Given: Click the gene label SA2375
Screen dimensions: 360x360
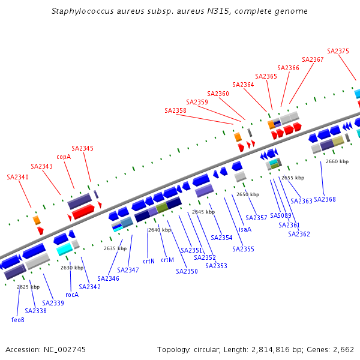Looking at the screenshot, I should click(x=338, y=52).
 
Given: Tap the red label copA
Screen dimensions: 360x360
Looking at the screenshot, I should click(x=64, y=157).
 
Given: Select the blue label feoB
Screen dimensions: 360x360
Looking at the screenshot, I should click(x=17, y=320).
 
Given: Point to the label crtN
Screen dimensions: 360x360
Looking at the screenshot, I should click(x=149, y=261).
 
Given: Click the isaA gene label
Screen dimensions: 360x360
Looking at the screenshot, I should click(x=245, y=229).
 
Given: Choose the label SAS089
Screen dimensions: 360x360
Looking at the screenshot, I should click(x=281, y=215).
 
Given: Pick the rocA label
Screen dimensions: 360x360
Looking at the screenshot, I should click(x=72, y=295).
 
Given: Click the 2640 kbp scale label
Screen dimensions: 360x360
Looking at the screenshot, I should click(x=160, y=230).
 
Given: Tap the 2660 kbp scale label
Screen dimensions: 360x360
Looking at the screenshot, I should click(x=337, y=161).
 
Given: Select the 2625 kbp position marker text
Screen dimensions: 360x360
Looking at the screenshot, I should click(x=28, y=287).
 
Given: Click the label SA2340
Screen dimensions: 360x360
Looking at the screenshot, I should click(x=17, y=177).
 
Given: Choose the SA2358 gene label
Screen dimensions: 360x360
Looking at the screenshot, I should click(x=175, y=110).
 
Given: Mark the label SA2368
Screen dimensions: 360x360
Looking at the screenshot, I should click(x=325, y=199).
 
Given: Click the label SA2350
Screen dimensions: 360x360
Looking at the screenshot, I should click(x=187, y=271).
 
